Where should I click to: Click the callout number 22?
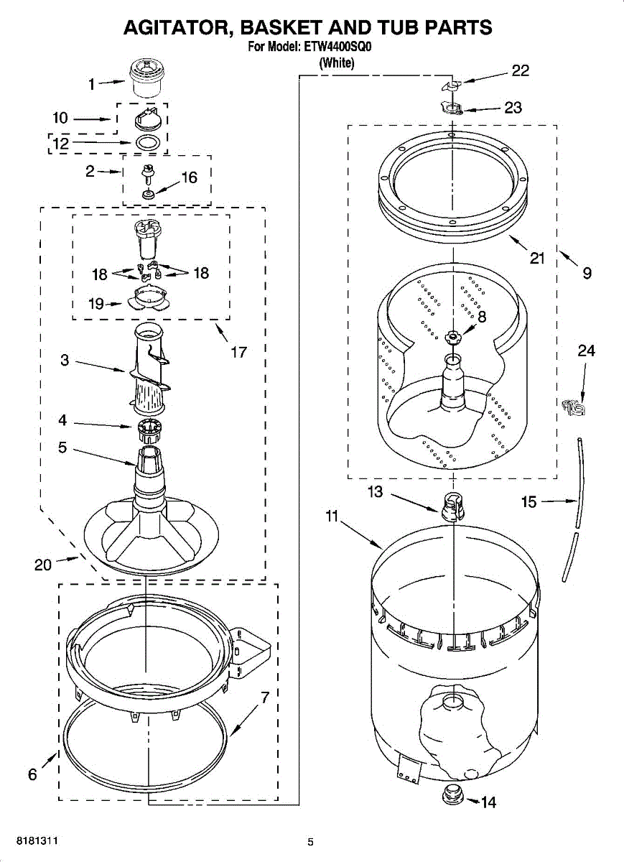tap(520, 70)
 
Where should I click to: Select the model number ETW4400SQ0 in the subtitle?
tap(341, 48)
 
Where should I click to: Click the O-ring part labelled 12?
tap(147, 142)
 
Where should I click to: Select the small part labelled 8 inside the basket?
tap(452, 336)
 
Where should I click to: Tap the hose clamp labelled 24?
tap(574, 407)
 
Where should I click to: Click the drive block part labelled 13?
tap(451, 504)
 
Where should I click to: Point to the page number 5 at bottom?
tap(311, 842)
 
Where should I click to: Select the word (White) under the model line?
tap(336, 63)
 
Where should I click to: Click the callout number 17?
tap(238, 352)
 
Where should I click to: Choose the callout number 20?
tap(43, 565)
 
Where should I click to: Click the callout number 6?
tap(33, 774)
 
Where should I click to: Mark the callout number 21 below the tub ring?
tap(537, 259)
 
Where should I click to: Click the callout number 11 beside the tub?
tap(331, 516)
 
